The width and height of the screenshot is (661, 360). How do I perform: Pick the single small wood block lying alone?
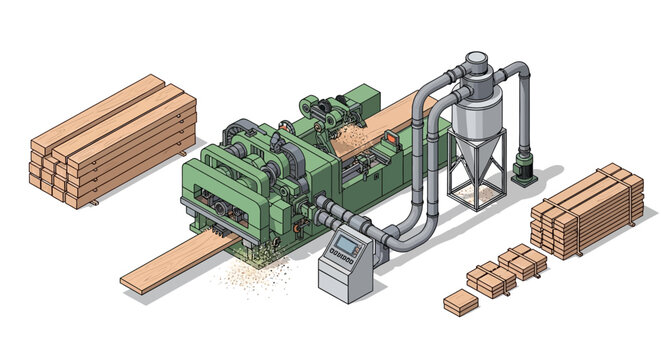(462, 301)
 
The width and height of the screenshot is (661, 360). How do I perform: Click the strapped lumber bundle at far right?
(586, 211)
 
